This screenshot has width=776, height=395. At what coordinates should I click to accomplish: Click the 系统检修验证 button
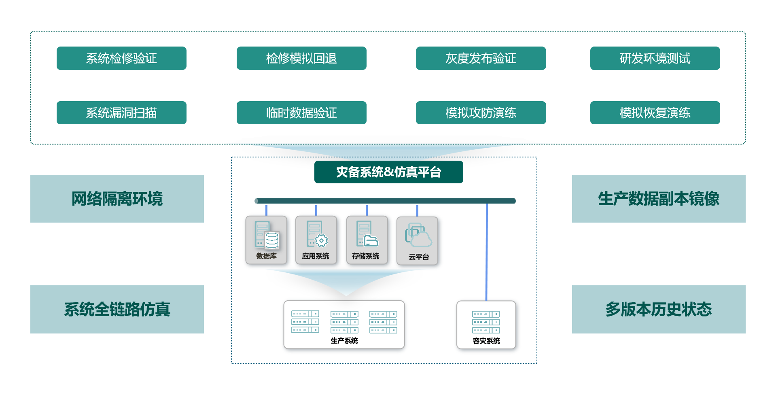tap(121, 58)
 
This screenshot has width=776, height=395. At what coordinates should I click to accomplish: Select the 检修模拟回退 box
tap(301, 58)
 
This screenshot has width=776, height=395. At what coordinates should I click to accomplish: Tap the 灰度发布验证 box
tap(481, 58)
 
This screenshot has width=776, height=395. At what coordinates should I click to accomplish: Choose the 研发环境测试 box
tap(655, 58)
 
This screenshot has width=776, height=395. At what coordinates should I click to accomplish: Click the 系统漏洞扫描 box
tap(121, 113)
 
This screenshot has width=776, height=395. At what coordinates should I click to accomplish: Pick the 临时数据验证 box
tap(301, 113)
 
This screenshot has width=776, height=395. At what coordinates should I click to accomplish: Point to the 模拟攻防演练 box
tap(481, 113)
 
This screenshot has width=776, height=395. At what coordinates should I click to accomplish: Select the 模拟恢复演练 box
tap(655, 113)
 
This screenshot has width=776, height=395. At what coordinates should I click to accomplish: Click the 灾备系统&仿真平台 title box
tap(388, 172)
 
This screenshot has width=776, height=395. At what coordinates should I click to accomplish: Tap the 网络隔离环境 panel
tap(117, 199)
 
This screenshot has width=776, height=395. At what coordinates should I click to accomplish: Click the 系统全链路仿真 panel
tap(117, 309)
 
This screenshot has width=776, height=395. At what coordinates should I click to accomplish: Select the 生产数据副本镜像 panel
tap(658, 199)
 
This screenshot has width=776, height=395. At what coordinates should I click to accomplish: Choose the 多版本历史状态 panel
tap(658, 309)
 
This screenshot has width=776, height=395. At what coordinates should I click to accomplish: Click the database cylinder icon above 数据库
tap(272, 240)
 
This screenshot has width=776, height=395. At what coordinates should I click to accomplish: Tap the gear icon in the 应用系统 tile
tap(321, 241)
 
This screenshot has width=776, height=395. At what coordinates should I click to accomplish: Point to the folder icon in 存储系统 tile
tap(371, 241)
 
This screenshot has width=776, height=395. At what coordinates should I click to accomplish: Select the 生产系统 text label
tap(344, 341)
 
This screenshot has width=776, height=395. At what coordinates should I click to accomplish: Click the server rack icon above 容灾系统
tap(486, 322)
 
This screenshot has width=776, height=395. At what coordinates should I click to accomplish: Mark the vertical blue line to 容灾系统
tap(487, 251)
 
